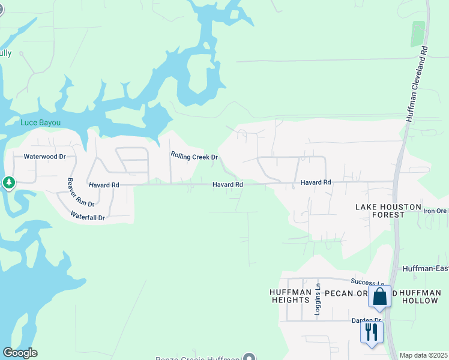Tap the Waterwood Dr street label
click(44, 157)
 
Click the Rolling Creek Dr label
click(194, 157)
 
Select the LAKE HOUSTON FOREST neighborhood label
click(388, 211)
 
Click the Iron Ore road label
click(436, 211)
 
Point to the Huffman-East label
click(425, 268)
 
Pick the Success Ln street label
click(368, 283)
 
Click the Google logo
click(20, 353)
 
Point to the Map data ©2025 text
click(424, 355)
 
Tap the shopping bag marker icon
click(379, 297)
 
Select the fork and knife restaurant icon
click(372, 332)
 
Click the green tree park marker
click(9, 182)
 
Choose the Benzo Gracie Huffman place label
click(197, 358)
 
